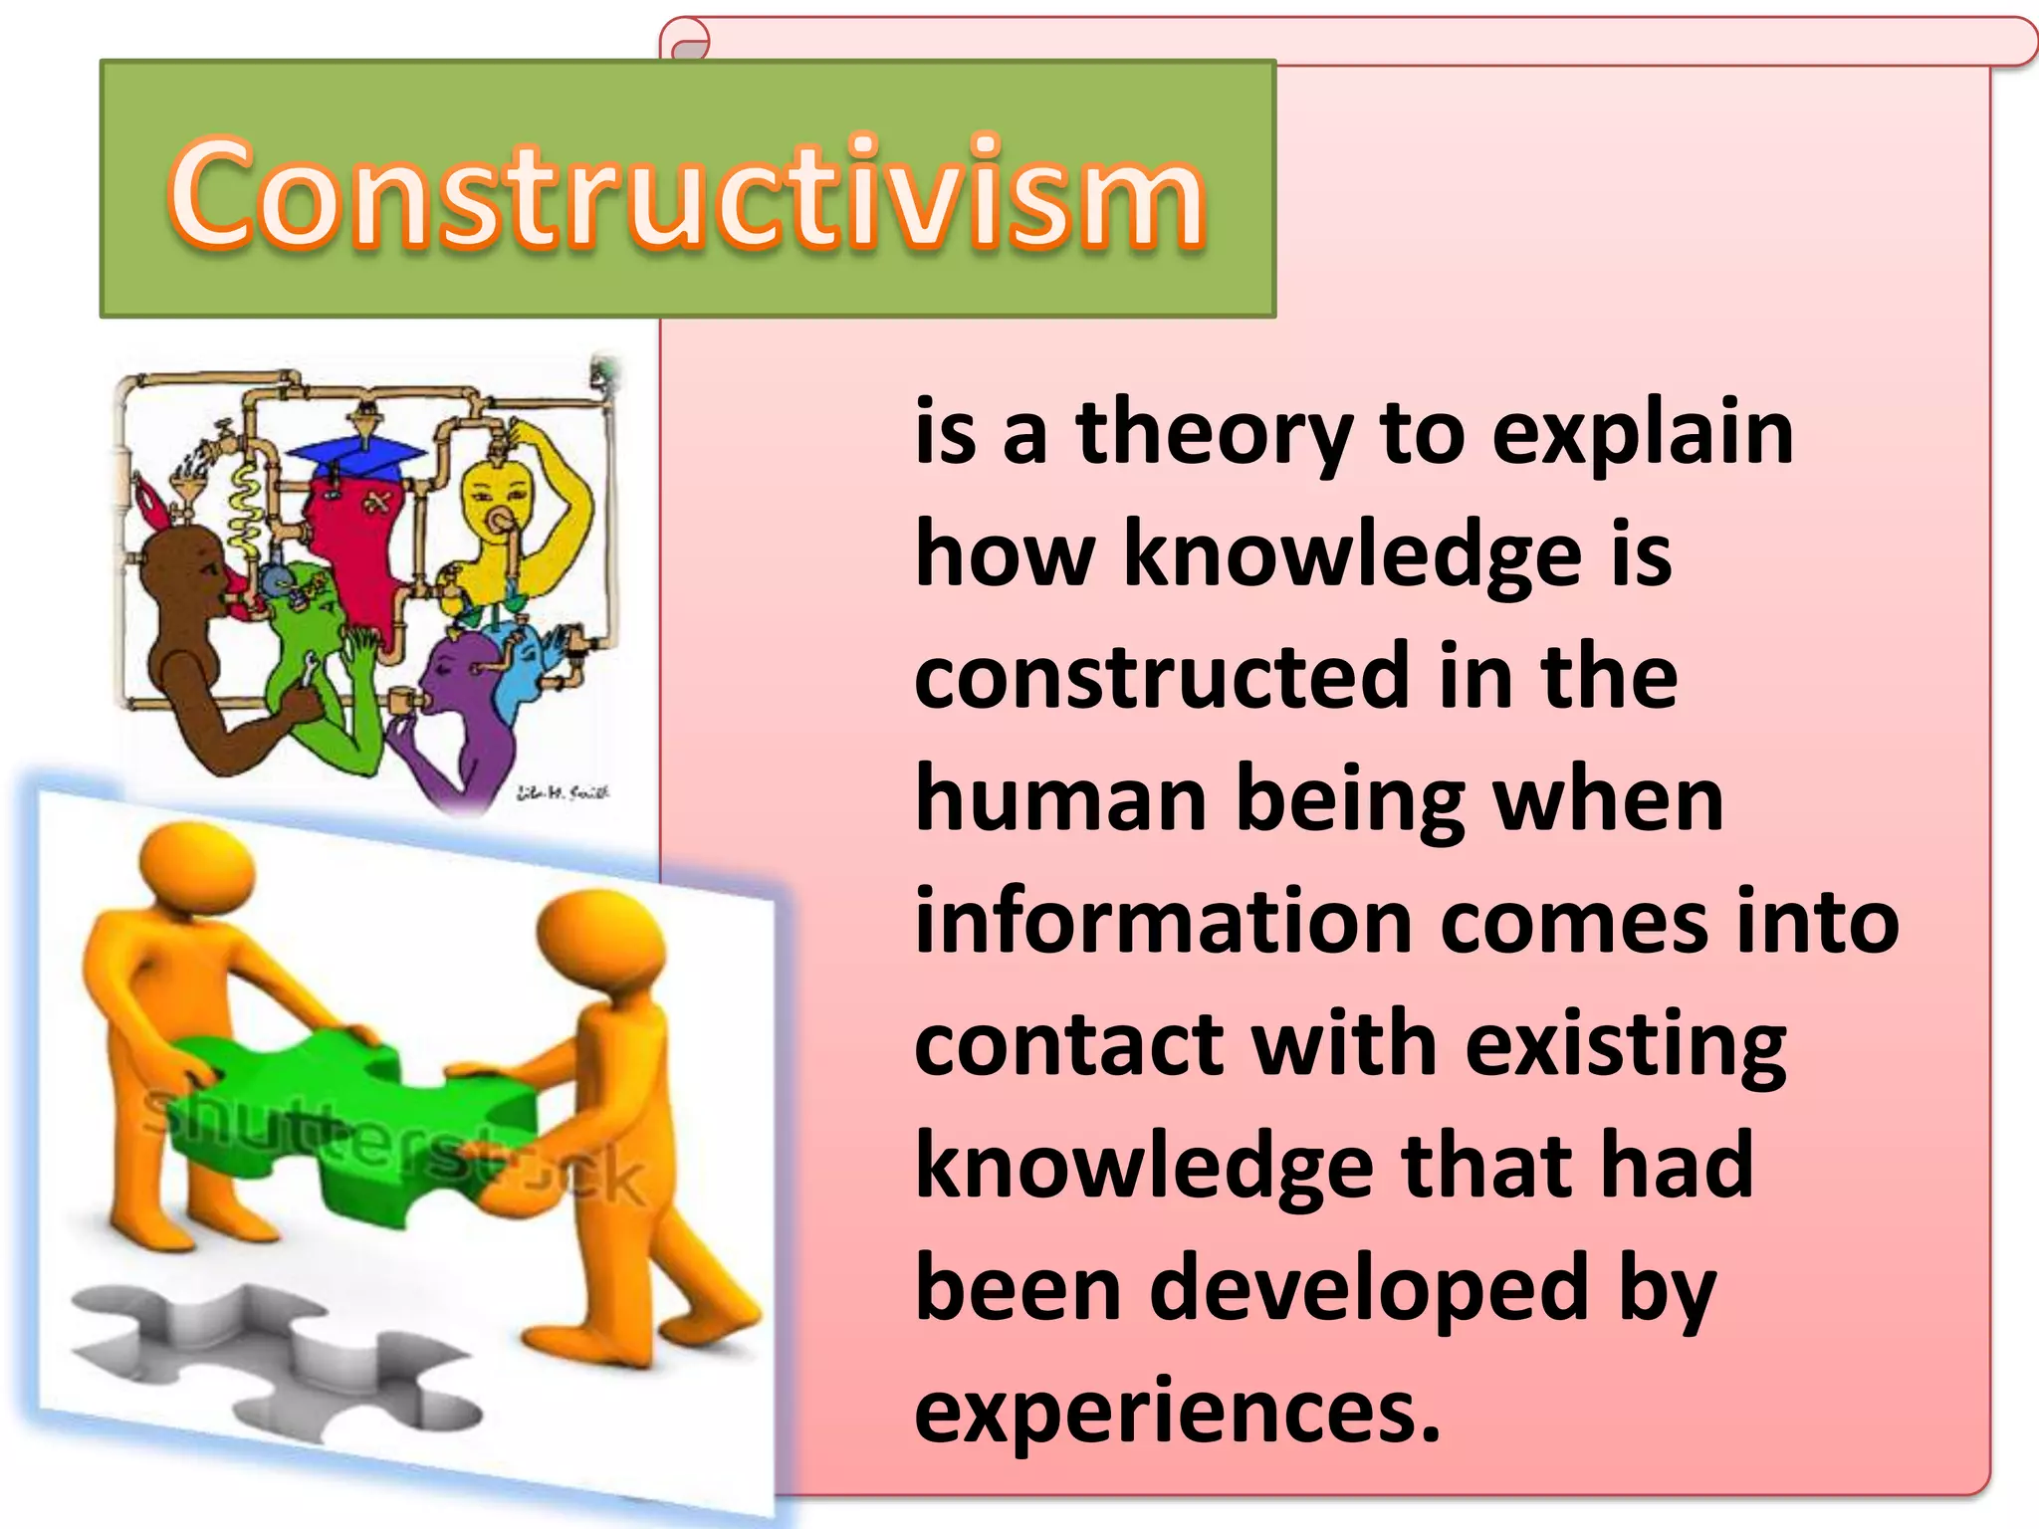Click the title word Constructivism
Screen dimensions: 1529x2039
pyautogui.click(x=687, y=191)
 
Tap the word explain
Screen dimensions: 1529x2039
pyautogui.click(x=1642, y=434)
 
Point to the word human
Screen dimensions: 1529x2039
pyautogui.click(x=1060, y=800)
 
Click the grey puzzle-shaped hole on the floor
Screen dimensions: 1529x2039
pyautogui.click(x=269, y=1364)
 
